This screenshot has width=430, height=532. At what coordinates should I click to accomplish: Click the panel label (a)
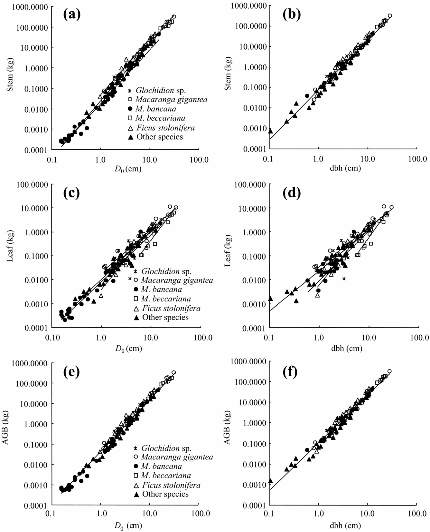coord(72,15)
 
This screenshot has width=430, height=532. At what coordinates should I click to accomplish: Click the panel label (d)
coord(292,192)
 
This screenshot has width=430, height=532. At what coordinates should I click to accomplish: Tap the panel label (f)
coord(290,372)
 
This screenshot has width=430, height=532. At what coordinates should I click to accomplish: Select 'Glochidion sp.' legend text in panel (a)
coord(161,90)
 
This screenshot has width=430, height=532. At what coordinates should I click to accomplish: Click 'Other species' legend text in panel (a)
coord(160,137)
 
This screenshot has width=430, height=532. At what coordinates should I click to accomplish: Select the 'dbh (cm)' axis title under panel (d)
coord(346,348)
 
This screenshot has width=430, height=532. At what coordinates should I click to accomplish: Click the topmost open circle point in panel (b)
coord(390,15)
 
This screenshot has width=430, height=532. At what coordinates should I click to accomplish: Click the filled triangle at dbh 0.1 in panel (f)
coord(270,480)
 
